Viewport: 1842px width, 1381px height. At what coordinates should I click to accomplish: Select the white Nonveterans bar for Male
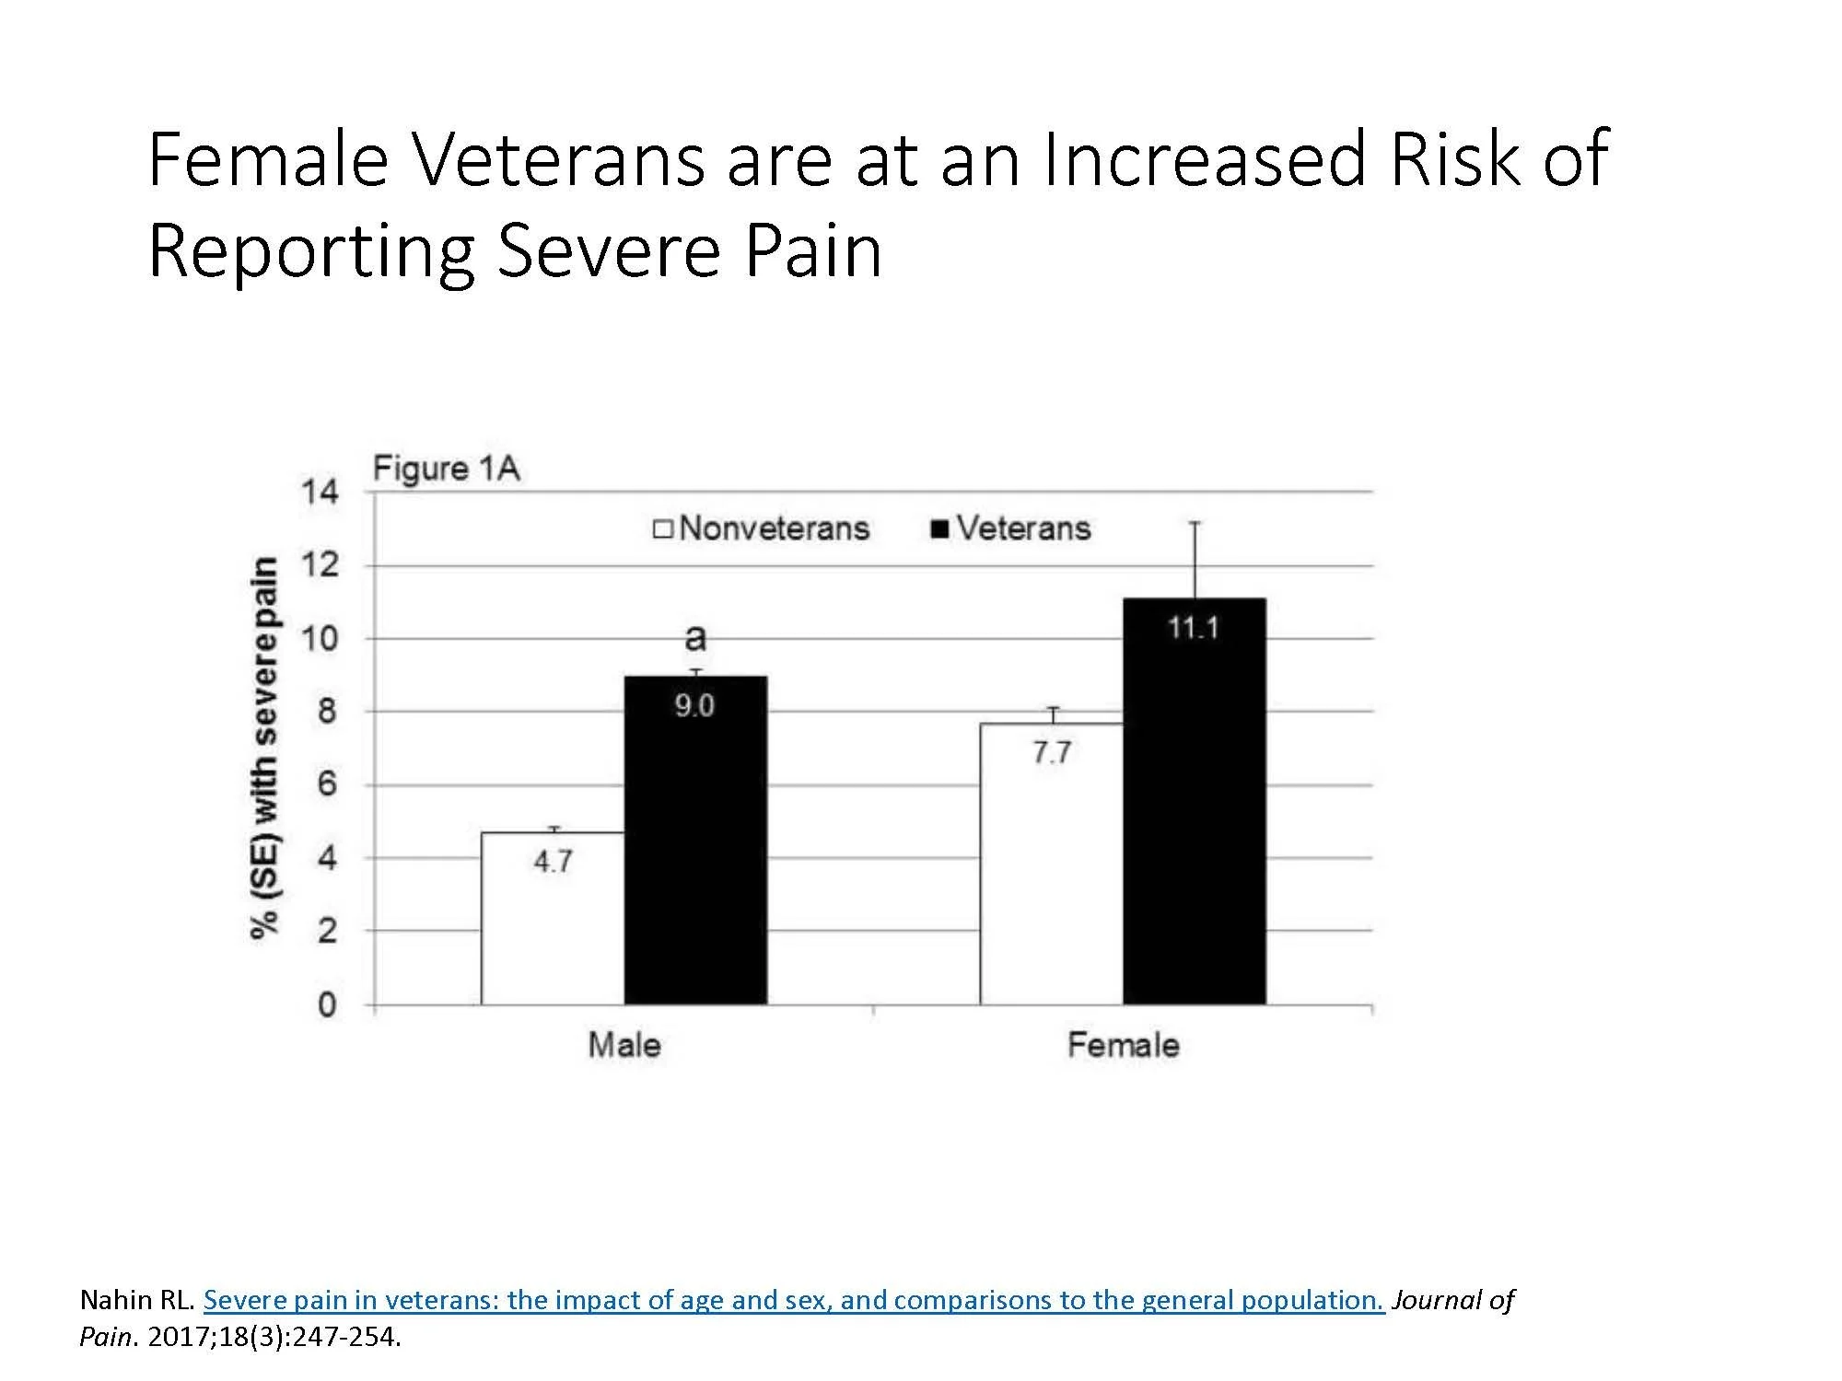tap(553, 930)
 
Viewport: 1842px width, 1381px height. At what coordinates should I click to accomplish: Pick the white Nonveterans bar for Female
tap(1051, 875)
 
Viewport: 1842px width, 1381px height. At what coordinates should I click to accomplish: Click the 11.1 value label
tap(1194, 629)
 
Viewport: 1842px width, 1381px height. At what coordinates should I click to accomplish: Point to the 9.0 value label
tap(694, 706)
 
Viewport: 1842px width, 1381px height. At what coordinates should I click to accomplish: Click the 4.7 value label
tap(553, 862)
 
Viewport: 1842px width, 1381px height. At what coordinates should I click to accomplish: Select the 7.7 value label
tap(1051, 753)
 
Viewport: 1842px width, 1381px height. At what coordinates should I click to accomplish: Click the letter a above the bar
tap(696, 636)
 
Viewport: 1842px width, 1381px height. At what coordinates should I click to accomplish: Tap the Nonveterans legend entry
tap(762, 528)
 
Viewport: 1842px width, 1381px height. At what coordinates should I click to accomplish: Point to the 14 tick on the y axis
tap(320, 492)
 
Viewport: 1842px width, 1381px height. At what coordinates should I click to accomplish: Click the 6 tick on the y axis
tap(328, 784)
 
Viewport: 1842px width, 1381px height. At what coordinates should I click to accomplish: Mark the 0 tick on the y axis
tap(328, 1004)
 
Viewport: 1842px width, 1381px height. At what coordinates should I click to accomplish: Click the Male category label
tap(624, 1045)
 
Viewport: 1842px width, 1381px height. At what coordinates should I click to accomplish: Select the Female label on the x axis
tap(1123, 1045)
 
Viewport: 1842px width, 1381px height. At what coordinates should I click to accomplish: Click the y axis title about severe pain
tap(265, 748)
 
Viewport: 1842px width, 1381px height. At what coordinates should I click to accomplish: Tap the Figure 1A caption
tap(446, 469)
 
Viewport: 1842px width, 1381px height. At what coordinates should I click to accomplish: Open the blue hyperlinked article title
tap(793, 1300)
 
